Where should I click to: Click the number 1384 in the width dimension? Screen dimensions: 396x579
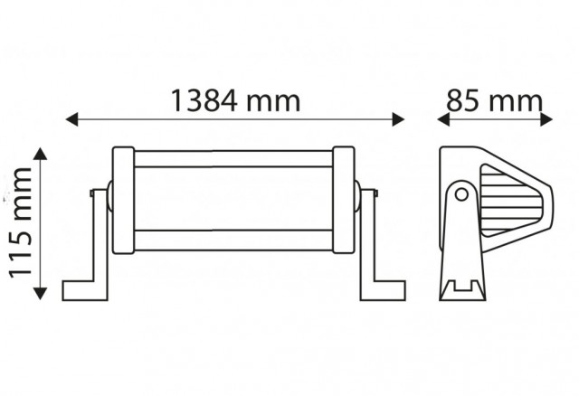pos(203,100)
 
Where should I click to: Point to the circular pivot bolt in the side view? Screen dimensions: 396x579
pos(461,194)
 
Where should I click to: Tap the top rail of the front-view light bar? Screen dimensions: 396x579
pos(233,159)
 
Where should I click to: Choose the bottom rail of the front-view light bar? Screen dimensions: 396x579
pos(233,239)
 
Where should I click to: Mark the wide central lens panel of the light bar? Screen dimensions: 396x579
pos(233,199)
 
